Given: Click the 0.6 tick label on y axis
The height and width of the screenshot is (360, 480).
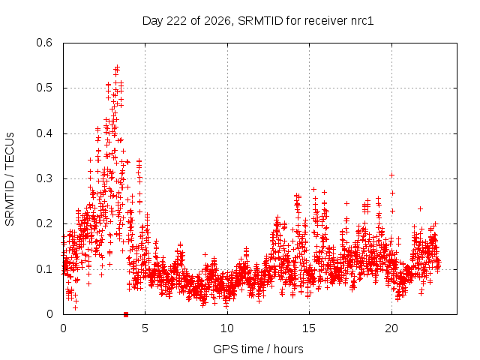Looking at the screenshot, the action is click(x=44, y=43).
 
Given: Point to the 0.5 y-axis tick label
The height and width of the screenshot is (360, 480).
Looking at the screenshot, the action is click(x=44, y=88).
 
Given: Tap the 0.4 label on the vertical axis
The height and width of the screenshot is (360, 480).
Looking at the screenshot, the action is click(x=44, y=133).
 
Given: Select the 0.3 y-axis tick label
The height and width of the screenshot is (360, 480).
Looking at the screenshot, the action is click(x=44, y=178).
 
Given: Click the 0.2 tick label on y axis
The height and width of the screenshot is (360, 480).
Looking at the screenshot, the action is click(x=44, y=223).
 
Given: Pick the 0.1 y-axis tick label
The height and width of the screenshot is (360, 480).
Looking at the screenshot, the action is click(x=44, y=269).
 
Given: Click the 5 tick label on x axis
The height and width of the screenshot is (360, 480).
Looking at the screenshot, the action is click(x=145, y=328).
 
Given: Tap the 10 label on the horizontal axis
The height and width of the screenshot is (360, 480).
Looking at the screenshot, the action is click(x=226, y=328).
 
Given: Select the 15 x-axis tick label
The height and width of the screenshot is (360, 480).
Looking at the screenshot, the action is click(x=309, y=328).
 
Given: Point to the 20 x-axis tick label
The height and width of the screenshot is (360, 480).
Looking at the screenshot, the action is click(x=391, y=328).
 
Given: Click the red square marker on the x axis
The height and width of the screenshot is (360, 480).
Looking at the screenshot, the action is click(x=126, y=314).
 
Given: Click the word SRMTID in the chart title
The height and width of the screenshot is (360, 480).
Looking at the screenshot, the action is click(x=260, y=21).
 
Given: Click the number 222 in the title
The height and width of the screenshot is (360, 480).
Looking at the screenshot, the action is click(x=176, y=21).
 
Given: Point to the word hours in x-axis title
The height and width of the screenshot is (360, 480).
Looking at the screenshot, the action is click(x=288, y=349).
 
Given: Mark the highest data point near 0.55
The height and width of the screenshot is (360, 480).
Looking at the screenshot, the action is click(x=117, y=67).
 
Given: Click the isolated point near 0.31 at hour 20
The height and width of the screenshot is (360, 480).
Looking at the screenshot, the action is click(x=391, y=175).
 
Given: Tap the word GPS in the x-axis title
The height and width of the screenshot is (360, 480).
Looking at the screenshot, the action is click(x=223, y=349).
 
